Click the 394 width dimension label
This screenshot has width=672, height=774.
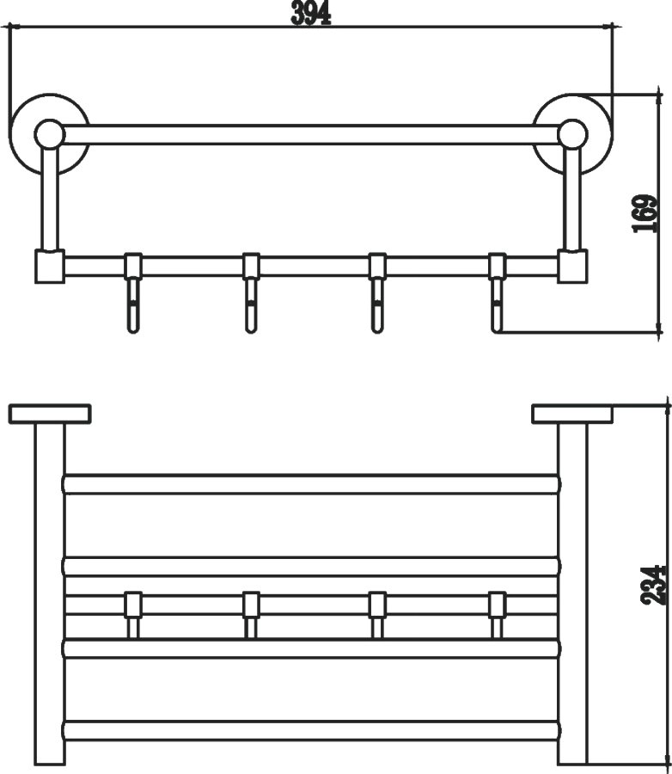[x=311, y=13]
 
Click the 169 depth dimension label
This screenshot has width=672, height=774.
[x=645, y=214]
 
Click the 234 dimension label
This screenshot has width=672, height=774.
[x=653, y=586]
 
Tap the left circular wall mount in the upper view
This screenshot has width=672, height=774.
[x=49, y=133]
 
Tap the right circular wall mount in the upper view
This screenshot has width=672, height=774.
[x=573, y=133]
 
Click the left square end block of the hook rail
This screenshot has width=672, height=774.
[x=49, y=267]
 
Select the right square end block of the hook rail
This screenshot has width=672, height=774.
[x=572, y=267]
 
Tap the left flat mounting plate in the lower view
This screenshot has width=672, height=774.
[x=50, y=415]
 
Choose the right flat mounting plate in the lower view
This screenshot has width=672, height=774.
[x=573, y=415]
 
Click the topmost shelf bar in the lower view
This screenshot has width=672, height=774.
[x=312, y=484]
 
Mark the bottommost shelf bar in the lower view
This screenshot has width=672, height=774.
[x=312, y=730]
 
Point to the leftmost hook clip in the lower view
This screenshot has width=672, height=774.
[x=132, y=615]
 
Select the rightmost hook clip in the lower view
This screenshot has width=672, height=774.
[x=498, y=615]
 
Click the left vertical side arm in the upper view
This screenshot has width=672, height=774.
[x=49, y=198]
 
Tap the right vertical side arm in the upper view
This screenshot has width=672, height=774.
[x=572, y=198]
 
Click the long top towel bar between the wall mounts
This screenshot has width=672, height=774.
[x=311, y=135]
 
